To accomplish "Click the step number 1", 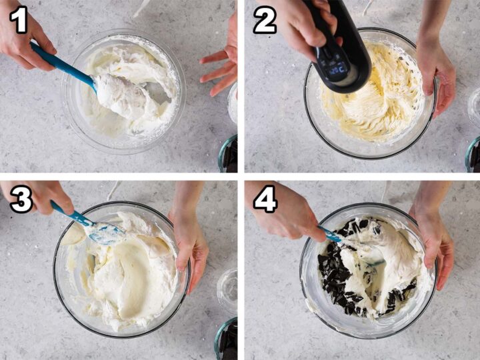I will (18, 20).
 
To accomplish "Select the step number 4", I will (265, 199).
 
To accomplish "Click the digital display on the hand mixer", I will (336, 67).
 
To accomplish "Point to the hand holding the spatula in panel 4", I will (287, 213).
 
